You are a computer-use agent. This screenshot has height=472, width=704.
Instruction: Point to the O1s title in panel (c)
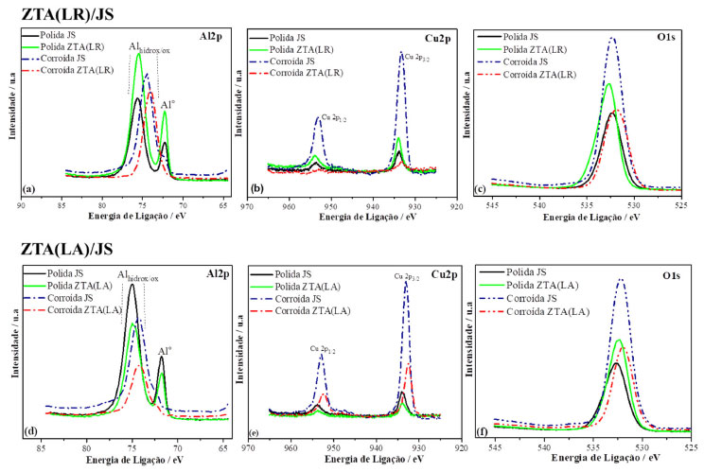coord(675,44)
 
